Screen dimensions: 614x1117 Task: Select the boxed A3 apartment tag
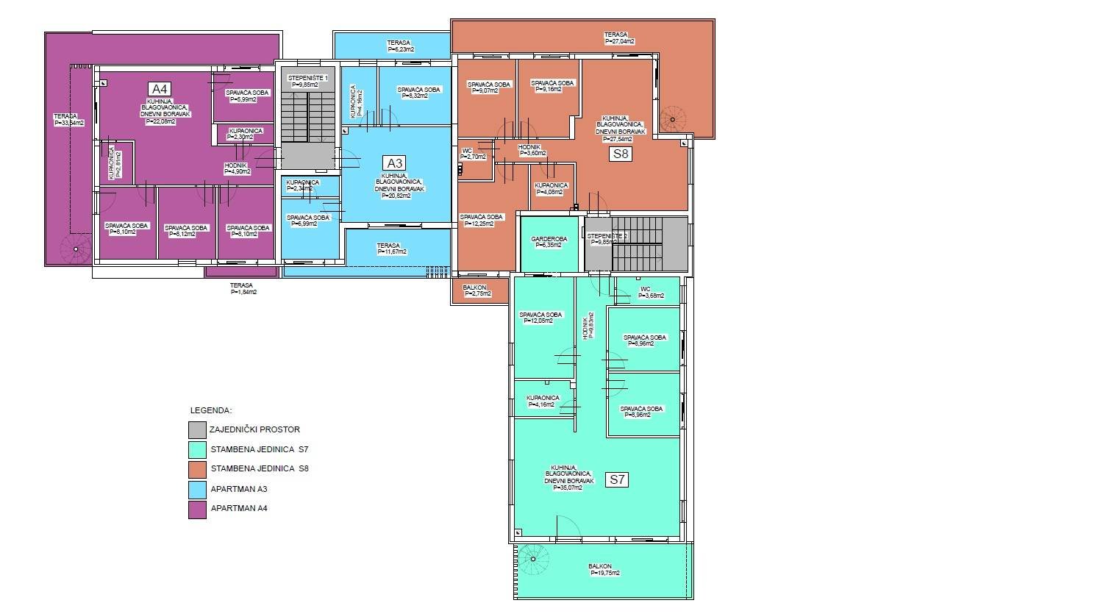click(395, 163)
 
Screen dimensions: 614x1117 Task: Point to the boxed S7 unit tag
click(617, 479)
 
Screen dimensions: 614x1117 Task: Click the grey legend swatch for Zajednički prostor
click(197, 429)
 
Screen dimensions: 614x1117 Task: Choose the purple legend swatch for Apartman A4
click(197, 509)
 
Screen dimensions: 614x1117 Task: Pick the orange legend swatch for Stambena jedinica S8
click(197, 469)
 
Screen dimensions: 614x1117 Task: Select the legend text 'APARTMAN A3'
click(239, 488)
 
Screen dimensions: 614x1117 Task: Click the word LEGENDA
click(211, 410)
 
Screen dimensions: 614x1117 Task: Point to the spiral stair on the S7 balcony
click(533, 560)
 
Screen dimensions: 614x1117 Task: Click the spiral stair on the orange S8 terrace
click(671, 119)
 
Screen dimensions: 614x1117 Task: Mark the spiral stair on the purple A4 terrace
click(76, 249)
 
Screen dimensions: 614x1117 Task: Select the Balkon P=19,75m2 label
click(604, 569)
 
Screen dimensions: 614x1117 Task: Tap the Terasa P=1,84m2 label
click(242, 288)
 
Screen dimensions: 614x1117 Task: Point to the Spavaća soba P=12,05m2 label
click(542, 318)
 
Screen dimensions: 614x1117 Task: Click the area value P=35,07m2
click(564, 487)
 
